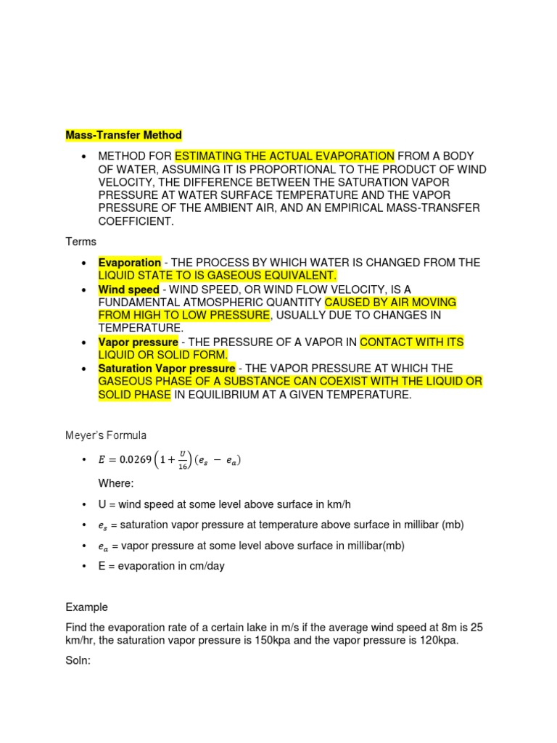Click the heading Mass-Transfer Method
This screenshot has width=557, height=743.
point(123,135)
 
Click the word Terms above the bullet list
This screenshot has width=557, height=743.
point(80,241)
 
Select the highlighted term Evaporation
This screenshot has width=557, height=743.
point(130,263)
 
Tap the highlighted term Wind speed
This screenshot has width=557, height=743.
point(128,290)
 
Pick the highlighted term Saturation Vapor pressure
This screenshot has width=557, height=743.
point(167,369)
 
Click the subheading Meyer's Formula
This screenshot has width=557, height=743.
point(106,435)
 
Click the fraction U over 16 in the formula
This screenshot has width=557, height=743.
point(182,460)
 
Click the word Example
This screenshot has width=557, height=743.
point(86,607)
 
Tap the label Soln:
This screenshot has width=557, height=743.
point(78,661)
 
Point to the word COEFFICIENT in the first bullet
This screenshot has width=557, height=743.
point(136,222)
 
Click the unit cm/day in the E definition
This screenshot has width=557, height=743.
point(204,566)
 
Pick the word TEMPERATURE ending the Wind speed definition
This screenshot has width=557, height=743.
point(141,328)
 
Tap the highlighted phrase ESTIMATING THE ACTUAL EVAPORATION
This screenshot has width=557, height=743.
point(284,157)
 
